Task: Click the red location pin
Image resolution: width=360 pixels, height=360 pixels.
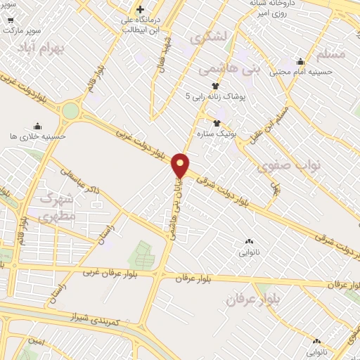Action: tap(181, 165)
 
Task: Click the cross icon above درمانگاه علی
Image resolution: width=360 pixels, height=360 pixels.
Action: tap(141, 10)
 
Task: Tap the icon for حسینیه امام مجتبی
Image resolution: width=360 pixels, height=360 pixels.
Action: tap(301, 61)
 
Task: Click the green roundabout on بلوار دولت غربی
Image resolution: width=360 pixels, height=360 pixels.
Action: tap(70, 111)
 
